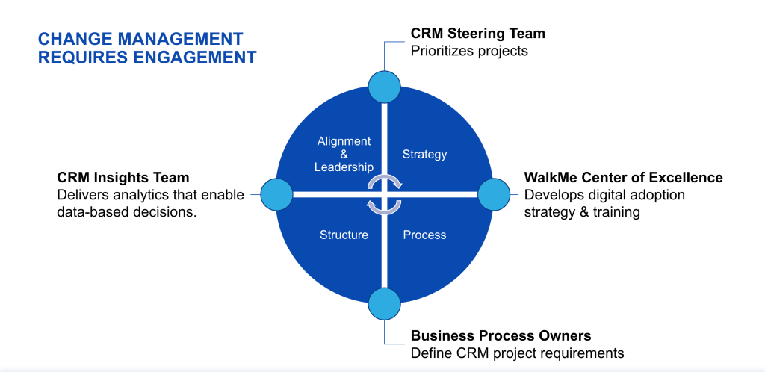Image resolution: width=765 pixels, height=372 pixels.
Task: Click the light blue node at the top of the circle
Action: [x=385, y=86]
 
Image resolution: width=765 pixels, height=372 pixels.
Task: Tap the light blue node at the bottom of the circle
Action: [x=385, y=303]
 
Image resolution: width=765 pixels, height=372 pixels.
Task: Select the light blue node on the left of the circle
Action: [x=276, y=194]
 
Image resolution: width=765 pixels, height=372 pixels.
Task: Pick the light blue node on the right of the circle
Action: [x=493, y=194]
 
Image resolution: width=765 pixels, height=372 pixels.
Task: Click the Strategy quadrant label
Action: [x=424, y=155]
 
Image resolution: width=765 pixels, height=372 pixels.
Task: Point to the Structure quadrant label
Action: [x=344, y=235]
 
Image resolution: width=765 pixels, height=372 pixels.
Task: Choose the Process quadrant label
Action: [x=424, y=235]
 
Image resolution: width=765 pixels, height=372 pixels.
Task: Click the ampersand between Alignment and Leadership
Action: [x=344, y=154]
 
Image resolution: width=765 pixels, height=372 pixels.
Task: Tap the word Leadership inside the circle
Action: [x=344, y=167]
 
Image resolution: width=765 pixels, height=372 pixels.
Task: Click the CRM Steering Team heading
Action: [x=477, y=34]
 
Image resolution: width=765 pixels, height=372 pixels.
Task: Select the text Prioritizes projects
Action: [x=469, y=52]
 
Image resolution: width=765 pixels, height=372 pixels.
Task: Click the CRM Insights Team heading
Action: [x=123, y=178]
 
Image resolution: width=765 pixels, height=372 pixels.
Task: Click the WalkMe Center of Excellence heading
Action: [x=623, y=178]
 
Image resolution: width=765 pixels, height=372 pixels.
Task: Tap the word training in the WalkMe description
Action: [x=616, y=212]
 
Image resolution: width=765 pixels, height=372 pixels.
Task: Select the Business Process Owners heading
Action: [x=501, y=335]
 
